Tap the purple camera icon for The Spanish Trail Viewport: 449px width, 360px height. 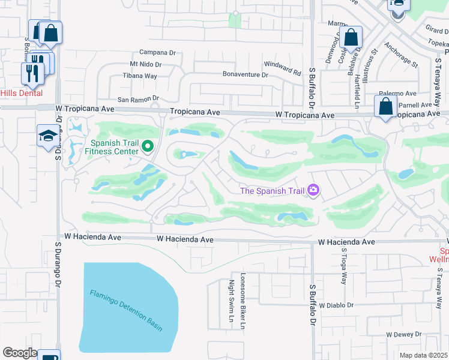313,190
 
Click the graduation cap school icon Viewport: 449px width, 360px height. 47,136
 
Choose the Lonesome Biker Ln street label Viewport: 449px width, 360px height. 243,300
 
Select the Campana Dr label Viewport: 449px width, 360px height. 157,52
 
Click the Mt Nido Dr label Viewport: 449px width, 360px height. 146,64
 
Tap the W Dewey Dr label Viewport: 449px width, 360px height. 406,335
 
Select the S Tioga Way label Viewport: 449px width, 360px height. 344,266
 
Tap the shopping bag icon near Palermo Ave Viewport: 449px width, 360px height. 385,106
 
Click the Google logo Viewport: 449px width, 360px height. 20,353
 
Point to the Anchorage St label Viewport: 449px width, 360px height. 401,53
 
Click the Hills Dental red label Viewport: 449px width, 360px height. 21,93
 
